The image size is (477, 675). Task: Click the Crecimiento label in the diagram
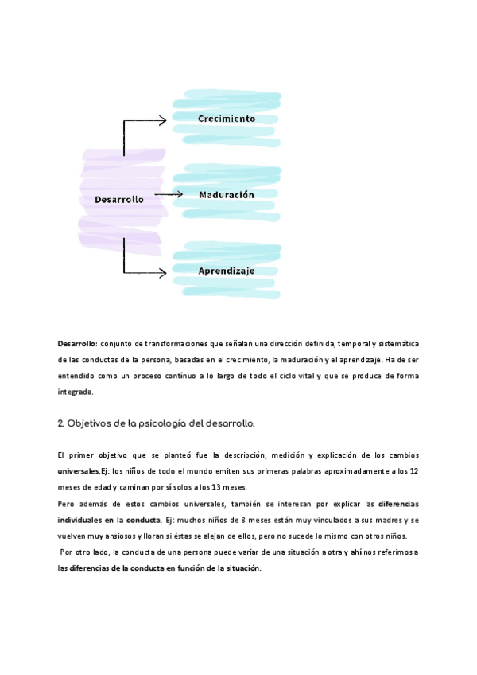point(227,119)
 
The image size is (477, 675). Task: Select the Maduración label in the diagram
point(227,194)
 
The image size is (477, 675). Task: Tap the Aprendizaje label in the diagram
point(227,271)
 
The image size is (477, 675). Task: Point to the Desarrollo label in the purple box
point(119,200)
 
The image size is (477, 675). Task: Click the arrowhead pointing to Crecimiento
point(162,120)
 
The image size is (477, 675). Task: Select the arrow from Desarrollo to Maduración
point(169,194)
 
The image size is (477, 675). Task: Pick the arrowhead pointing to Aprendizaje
point(162,272)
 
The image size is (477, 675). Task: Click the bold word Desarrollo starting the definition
point(76,343)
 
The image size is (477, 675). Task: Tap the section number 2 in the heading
point(60,423)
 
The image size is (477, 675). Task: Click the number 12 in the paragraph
point(413,470)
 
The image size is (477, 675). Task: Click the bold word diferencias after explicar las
point(399,504)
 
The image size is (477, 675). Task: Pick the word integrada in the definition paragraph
point(75,392)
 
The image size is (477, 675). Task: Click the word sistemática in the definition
point(395,343)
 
